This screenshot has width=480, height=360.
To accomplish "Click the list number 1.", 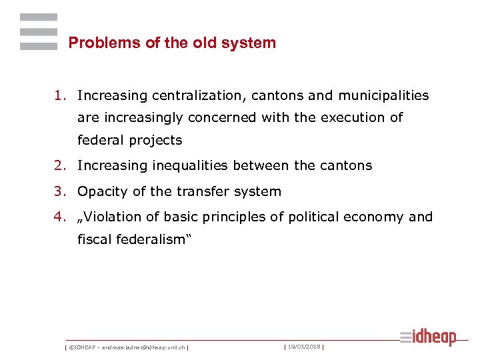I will tap(61, 95).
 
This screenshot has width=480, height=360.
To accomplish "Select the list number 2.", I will tap(61, 165).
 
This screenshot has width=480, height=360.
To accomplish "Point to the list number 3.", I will tap(61, 191).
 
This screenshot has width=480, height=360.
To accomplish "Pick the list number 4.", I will tap(61, 217).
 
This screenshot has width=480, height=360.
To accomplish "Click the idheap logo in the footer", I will tap(428, 337).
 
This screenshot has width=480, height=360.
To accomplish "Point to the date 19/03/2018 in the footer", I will tap(304, 347).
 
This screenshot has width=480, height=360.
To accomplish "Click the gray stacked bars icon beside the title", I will tap(39, 31).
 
